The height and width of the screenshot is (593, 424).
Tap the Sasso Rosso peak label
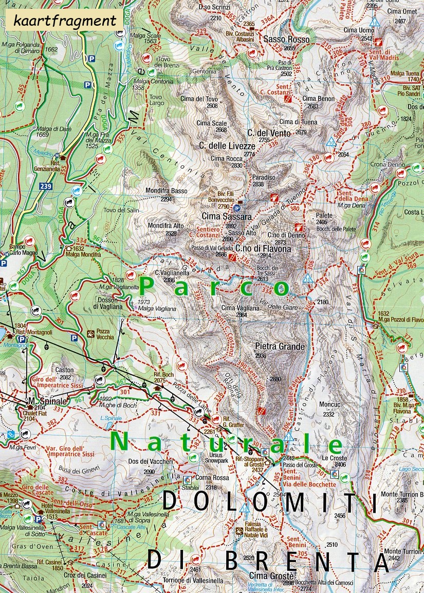click(x=286, y=39)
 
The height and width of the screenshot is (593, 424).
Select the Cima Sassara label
click(x=227, y=217)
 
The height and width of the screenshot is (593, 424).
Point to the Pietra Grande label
click(x=280, y=346)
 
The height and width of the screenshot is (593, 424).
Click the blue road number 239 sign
click(x=45, y=186)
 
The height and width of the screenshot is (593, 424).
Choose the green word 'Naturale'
click(x=226, y=443)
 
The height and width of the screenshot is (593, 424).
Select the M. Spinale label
click(x=42, y=400)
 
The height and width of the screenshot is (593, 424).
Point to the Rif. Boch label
click(x=163, y=374)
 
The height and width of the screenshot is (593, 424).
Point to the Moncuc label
click(x=329, y=405)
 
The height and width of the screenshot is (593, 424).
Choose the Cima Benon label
click(x=318, y=98)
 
